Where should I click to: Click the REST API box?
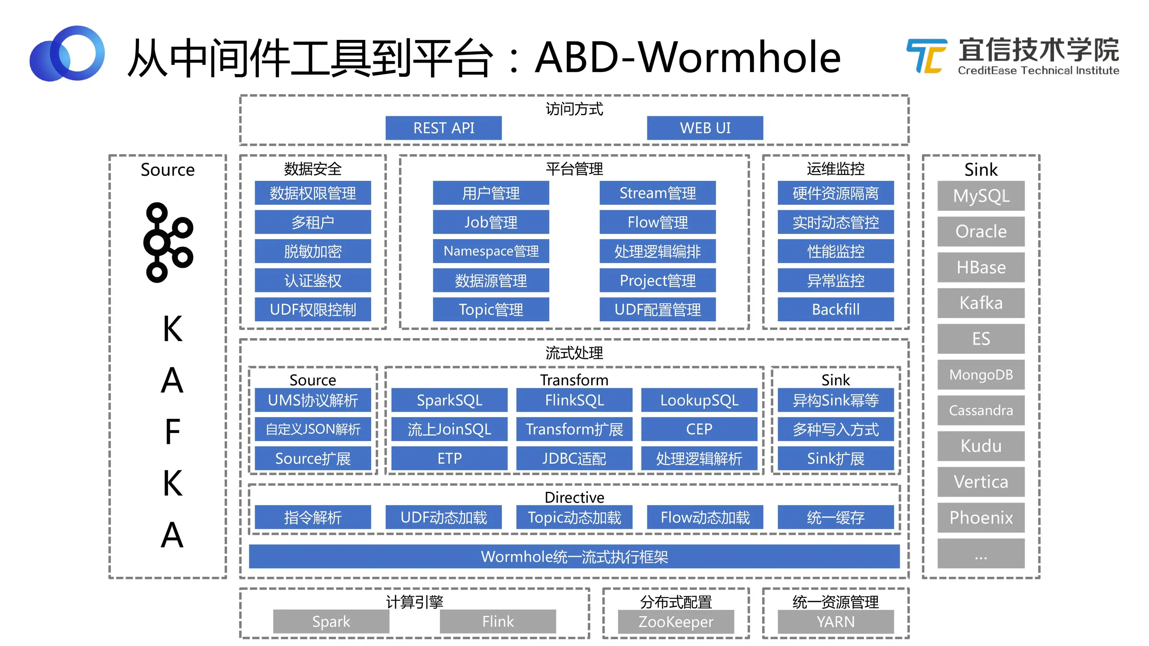[443, 128]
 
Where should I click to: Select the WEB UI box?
[705, 128]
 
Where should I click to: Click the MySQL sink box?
[980, 196]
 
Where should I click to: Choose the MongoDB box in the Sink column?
[980, 374]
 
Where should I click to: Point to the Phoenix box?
[980, 518]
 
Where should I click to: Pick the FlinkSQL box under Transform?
[574, 400]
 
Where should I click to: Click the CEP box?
[699, 429]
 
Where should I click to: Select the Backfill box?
[836, 310]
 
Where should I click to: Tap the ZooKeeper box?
[675, 621]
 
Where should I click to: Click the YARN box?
[836, 621]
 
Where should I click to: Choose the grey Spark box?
[331, 621]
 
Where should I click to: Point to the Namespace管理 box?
[491, 251]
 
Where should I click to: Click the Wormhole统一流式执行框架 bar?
[574, 556]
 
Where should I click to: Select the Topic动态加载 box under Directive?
[574, 517]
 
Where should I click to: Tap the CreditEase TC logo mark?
[926, 56]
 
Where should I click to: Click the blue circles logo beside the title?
[67, 54]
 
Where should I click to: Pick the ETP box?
[449, 458]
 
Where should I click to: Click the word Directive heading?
[574, 497]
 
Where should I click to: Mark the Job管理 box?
[491, 222]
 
